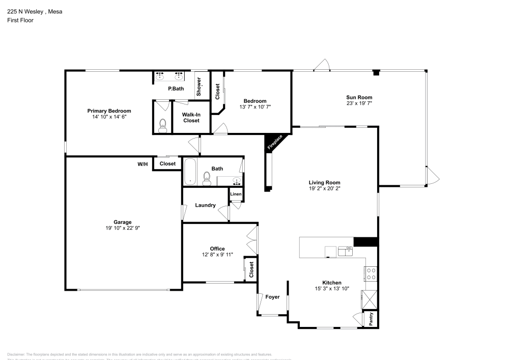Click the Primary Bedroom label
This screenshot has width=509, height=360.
click(109, 110)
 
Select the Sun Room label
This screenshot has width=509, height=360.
click(359, 97)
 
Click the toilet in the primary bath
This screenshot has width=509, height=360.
click(162, 125)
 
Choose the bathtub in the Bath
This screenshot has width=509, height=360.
click(190, 172)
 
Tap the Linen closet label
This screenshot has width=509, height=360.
click(236, 195)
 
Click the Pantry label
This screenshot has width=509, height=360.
click(371, 319)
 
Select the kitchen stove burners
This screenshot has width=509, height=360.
click(371, 274)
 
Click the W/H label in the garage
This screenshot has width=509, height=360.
click(143, 164)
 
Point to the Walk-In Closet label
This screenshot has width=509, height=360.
click(191, 118)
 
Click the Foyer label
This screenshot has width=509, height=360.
click(273, 297)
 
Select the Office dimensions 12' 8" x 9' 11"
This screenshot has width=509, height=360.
click(217, 255)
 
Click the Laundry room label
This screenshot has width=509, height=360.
click(205, 206)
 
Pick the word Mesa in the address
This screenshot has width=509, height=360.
click(55, 12)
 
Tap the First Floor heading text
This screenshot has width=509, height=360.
click(20, 20)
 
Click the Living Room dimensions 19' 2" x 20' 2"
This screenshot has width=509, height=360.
click(324, 188)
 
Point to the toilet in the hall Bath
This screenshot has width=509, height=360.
click(207, 177)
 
